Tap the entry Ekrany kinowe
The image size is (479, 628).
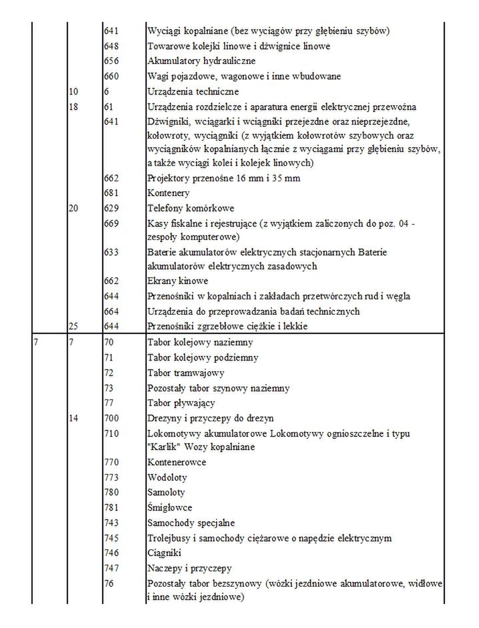point(177,281)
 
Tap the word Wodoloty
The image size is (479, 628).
point(167,477)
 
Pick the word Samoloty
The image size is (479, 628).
point(167,493)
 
